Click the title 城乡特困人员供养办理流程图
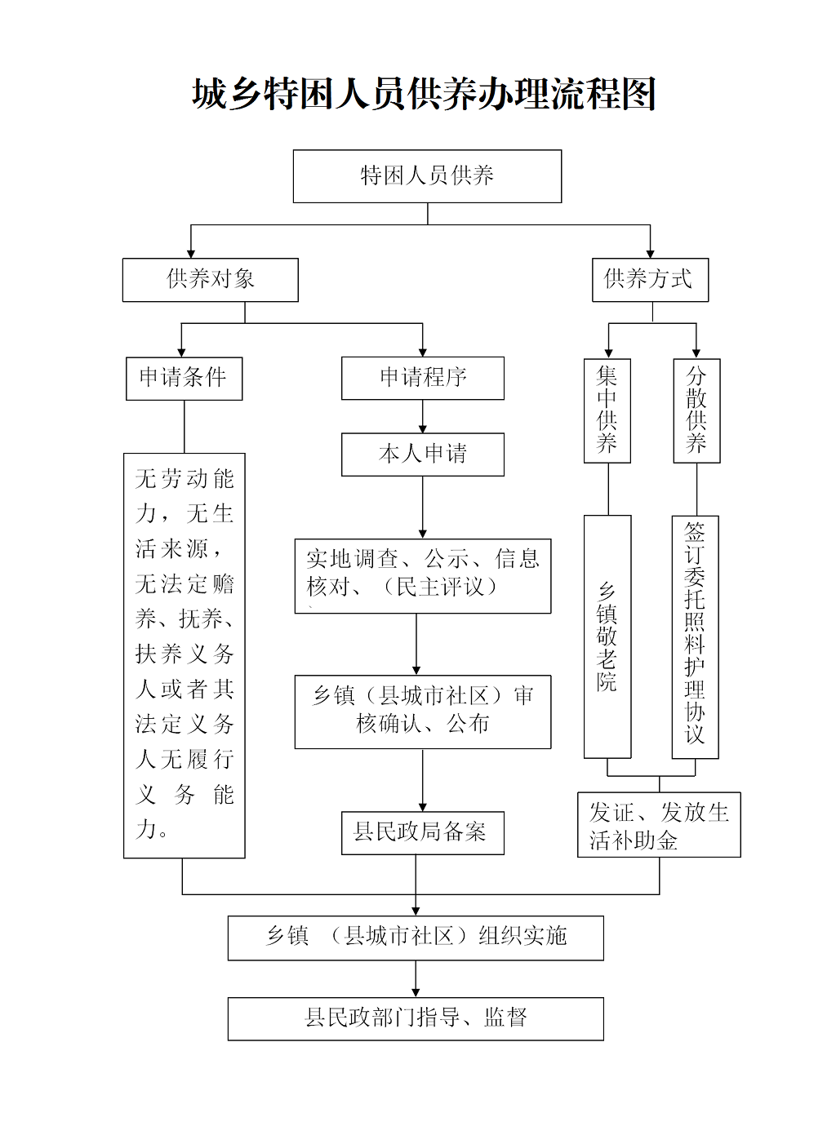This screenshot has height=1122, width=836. coord(425,95)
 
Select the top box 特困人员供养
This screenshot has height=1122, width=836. coord(427,176)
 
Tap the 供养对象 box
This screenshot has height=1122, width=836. coord(211,280)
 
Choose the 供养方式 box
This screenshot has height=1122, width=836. coord(650,280)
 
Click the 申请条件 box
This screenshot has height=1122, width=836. coord(184,378)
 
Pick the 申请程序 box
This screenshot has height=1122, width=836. coord(423,378)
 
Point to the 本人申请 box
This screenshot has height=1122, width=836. coord(423,455)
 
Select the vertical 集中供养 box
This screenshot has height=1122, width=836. coord(607,410)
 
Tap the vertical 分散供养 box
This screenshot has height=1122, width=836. coord(696,410)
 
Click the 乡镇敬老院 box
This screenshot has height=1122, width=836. coord(607,636)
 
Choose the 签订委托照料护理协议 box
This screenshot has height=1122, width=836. coord(695,636)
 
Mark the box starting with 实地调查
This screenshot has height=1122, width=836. coord(423,575)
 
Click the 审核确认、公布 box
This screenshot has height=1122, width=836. coord(423,711)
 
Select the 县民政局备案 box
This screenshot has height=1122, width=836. coord(423,832)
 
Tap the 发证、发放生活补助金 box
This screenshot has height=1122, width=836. coord(659,824)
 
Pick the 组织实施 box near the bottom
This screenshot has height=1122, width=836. coord(416,938)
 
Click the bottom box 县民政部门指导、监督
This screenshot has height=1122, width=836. coord(416,1018)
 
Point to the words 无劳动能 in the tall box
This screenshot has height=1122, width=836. coord(185,479)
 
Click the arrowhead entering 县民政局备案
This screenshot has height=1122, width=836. coord(423,806)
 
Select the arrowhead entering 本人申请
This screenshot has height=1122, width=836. coord(423,428)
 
